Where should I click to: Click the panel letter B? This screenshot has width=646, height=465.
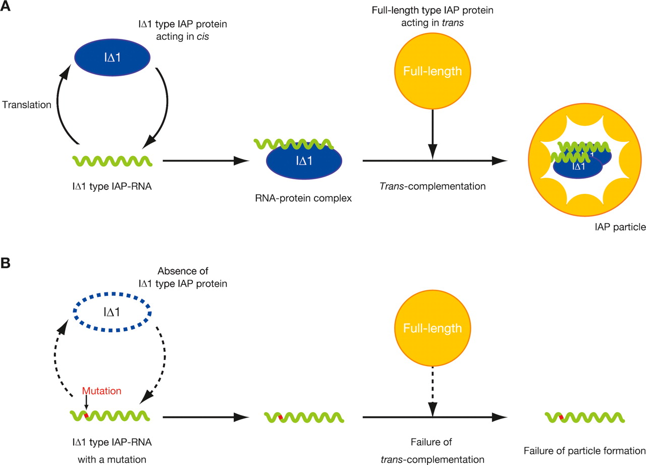[7, 264]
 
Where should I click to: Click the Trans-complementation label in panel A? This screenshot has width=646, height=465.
[433, 186]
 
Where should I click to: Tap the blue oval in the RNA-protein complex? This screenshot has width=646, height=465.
[303, 166]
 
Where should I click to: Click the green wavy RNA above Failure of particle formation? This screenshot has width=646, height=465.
[585, 418]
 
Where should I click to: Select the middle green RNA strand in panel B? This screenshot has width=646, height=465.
[304, 418]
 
